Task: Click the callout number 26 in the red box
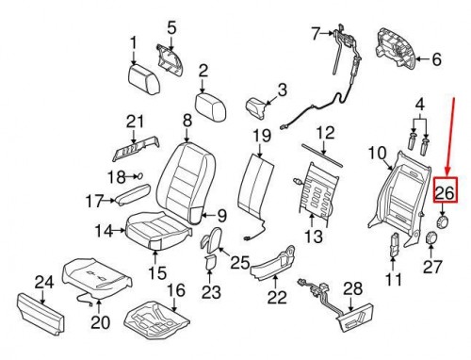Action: click(x=445, y=193)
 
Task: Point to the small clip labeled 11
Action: click(x=393, y=248)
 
